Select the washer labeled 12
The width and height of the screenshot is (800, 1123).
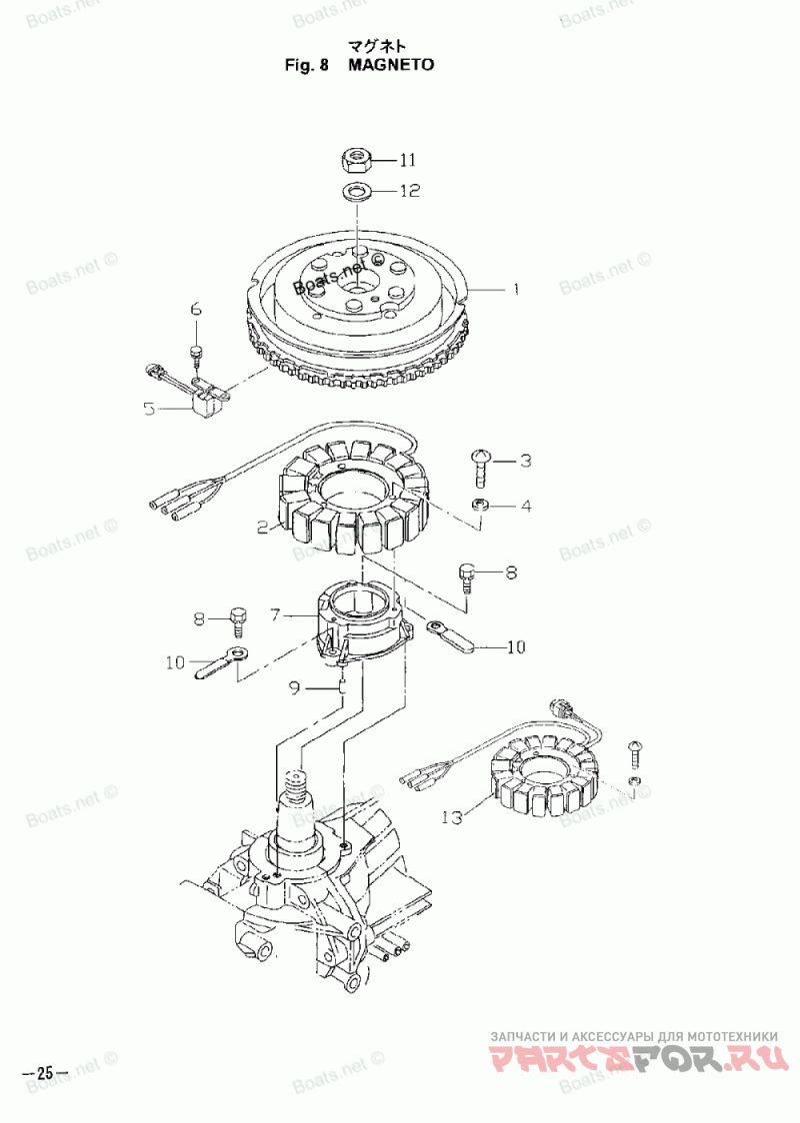353,191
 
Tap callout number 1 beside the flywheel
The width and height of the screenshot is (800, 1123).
515,290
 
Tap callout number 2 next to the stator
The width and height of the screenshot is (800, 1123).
263,528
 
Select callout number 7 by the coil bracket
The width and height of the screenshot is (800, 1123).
275,614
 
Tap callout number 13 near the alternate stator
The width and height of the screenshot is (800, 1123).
452,817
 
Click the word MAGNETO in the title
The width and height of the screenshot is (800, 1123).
391,65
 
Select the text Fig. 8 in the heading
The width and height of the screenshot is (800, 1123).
307,65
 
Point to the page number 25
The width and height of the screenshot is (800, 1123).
45,1073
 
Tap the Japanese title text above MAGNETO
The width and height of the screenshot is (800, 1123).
378,47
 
